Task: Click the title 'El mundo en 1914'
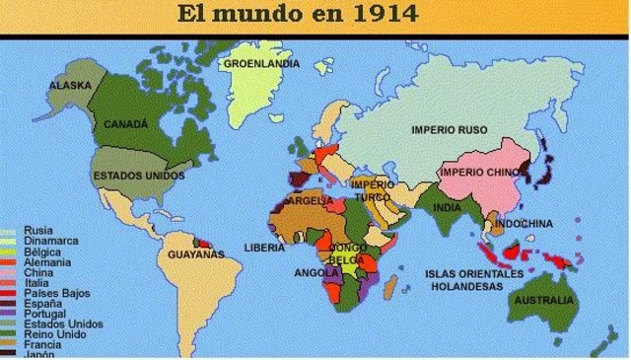[297, 15]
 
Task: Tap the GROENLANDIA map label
[261, 64]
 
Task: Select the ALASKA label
[70, 86]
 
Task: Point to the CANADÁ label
[126, 125]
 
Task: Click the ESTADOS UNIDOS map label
[139, 176]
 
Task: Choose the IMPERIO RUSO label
[451, 129]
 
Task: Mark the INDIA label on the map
[447, 208]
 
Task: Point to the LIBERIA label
[264, 248]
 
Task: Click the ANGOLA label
[316, 272]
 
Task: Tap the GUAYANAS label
[196, 254]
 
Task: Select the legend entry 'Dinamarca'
[52, 241]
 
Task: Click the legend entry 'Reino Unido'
[56, 333]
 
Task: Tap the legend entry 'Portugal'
[45, 314]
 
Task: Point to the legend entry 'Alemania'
[47, 261]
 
